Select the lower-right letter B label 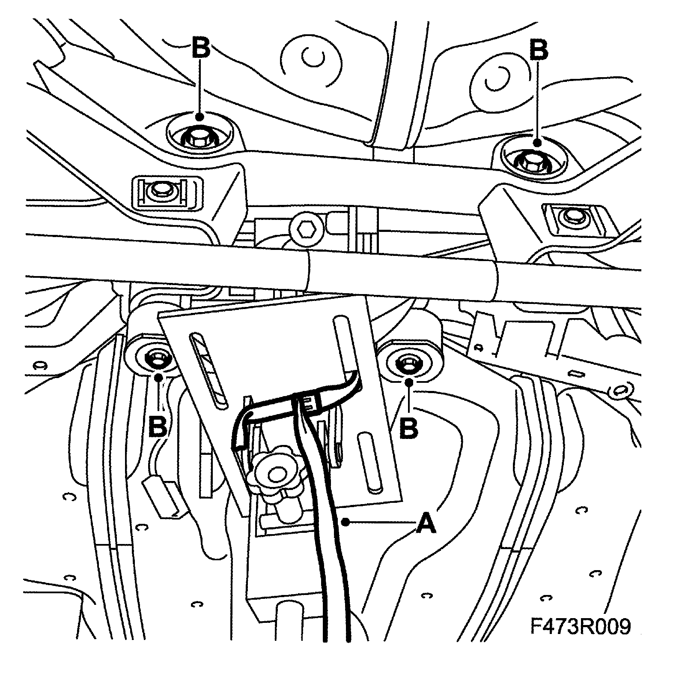click(x=408, y=427)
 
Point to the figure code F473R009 click(x=581, y=627)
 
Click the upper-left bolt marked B click(x=200, y=138)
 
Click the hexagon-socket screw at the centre click(x=305, y=231)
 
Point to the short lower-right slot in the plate click(x=369, y=463)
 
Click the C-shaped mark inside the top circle click(x=313, y=58)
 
